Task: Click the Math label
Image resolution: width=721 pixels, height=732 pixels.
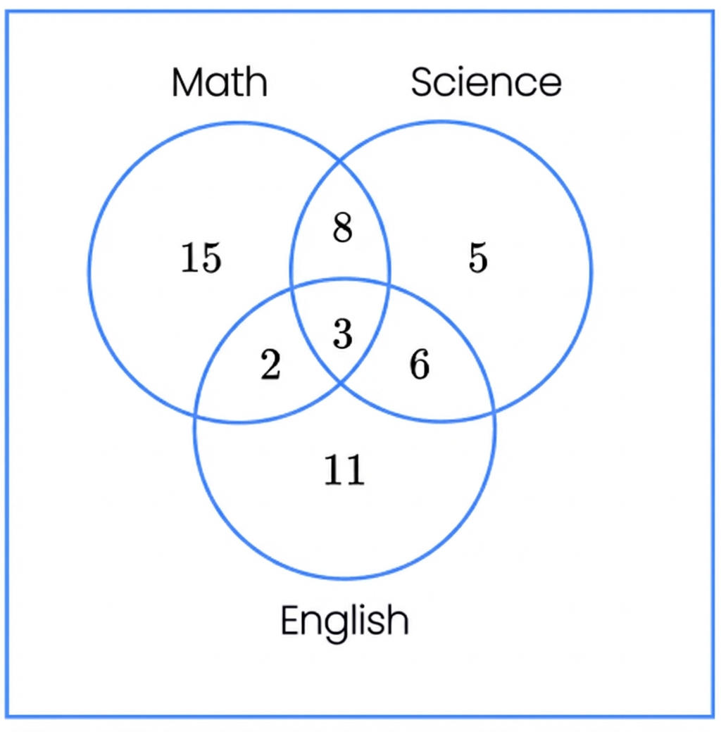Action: pos(220,82)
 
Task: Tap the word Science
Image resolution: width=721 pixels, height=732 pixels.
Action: pos(486,82)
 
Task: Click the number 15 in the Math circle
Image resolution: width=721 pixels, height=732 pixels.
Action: pos(201,257)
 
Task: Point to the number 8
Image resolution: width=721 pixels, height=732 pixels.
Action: pos(342,227)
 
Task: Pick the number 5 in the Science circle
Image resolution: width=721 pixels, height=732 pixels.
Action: pos(478,257)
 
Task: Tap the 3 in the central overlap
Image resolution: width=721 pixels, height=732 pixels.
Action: pos(343,334)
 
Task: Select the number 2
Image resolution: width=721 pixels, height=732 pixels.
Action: pos(271,364)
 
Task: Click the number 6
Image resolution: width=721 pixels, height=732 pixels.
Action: pos(420,364)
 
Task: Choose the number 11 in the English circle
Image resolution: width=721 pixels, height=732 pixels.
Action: pos(344,469)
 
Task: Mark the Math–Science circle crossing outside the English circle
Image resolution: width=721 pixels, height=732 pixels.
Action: pos(340,161)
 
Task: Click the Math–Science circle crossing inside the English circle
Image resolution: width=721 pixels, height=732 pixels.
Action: pos(340,384)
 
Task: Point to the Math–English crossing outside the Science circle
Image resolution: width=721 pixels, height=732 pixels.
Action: pos(195,415)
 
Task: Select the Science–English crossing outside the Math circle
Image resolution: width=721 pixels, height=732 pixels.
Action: pos(493,412)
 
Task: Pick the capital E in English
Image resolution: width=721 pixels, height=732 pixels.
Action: pos(290,619)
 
